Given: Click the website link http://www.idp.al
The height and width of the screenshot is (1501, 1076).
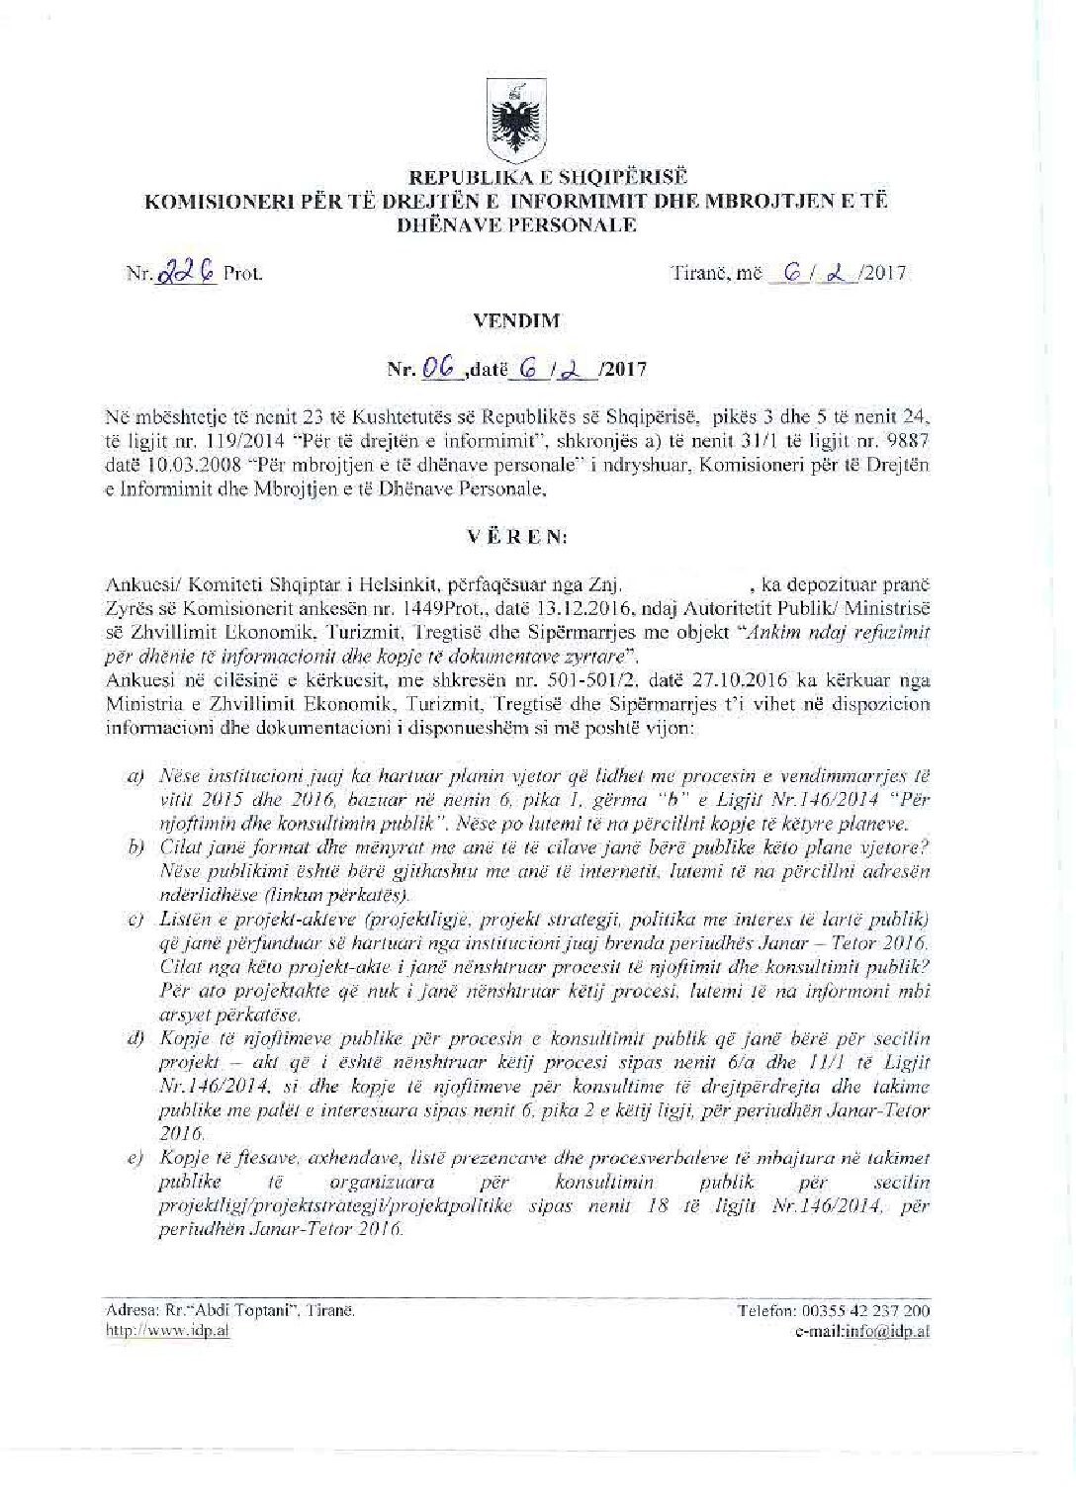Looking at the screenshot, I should [167, 1331].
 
